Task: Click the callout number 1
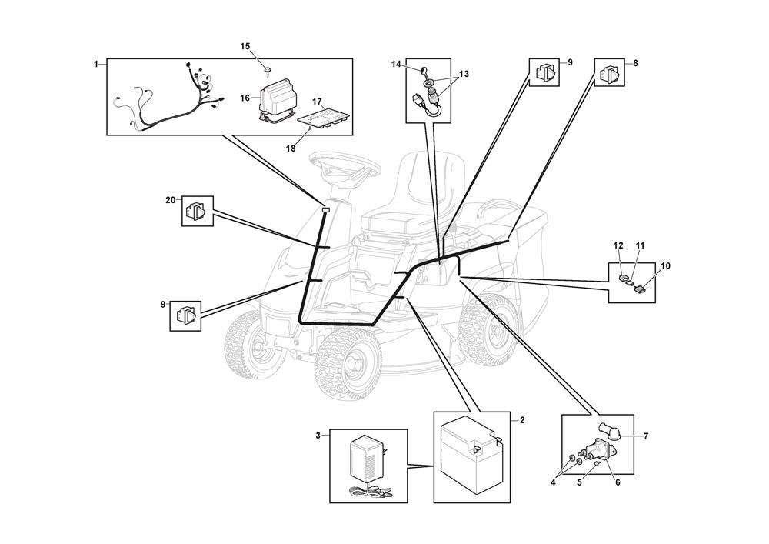[x=96, y=65]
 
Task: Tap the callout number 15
[x=245, y=47]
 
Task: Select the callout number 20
[x=171, y=200]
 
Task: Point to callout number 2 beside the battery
[x=522, y=420]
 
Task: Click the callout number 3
[x=318, y=436]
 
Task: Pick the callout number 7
[x=645, y=436]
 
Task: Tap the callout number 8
[x=634, y=62]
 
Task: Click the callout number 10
[x=665, y=266]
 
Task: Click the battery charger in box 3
[x=368, y=461]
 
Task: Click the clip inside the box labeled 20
[x=196, y=210]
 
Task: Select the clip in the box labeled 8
[x=610, y=75]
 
